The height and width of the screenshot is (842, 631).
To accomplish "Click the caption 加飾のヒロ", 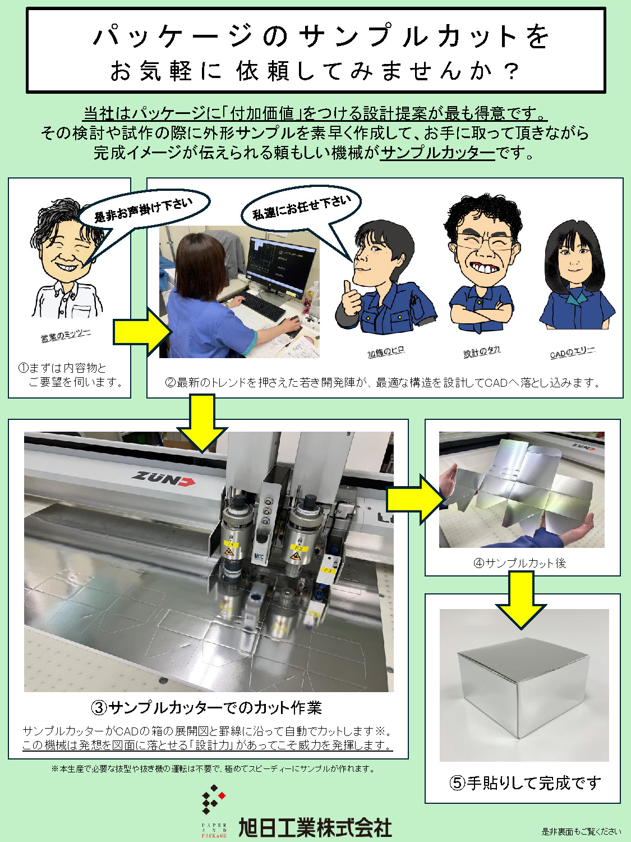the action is click(386, 351).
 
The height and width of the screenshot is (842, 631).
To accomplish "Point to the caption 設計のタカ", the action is click(482, 351).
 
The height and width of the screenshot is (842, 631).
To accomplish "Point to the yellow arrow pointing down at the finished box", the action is click(521, 600).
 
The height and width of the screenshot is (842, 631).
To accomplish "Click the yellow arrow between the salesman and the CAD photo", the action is click(142, 331).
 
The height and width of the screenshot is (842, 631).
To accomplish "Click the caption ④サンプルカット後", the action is click(520, 563).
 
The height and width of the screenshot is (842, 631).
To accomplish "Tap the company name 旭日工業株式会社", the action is click(315, 827).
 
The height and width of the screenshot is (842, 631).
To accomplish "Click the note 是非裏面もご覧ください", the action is click(581, 831).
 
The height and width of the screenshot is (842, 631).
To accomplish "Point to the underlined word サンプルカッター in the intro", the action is click(437, 153).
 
